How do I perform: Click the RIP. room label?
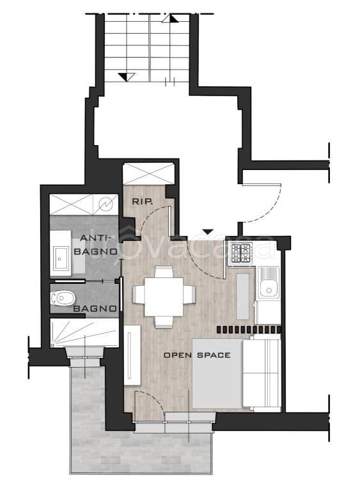click(142, 201)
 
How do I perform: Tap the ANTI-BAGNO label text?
click(95, 245)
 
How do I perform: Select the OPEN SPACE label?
click(197, 355)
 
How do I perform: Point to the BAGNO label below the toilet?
click(95, 308)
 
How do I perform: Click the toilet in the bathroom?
click(63, 298)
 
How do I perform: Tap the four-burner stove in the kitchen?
click(240, 253)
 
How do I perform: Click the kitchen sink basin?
click(268, 287)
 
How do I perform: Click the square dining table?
click(164, 297)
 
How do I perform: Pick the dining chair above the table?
click(164, 272)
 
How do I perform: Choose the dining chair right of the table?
click(189, 295)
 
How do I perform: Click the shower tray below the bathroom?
click(84, 333)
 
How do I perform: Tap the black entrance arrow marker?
click(208, 231)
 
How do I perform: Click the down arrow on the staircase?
click(127, 77)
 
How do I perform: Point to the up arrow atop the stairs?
click(170, 19)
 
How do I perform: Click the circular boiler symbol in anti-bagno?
click(106, 204)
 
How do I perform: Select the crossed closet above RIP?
click(148, 173)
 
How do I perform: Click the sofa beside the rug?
click(262, 373)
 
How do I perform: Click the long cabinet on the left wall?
click(132, 355)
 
